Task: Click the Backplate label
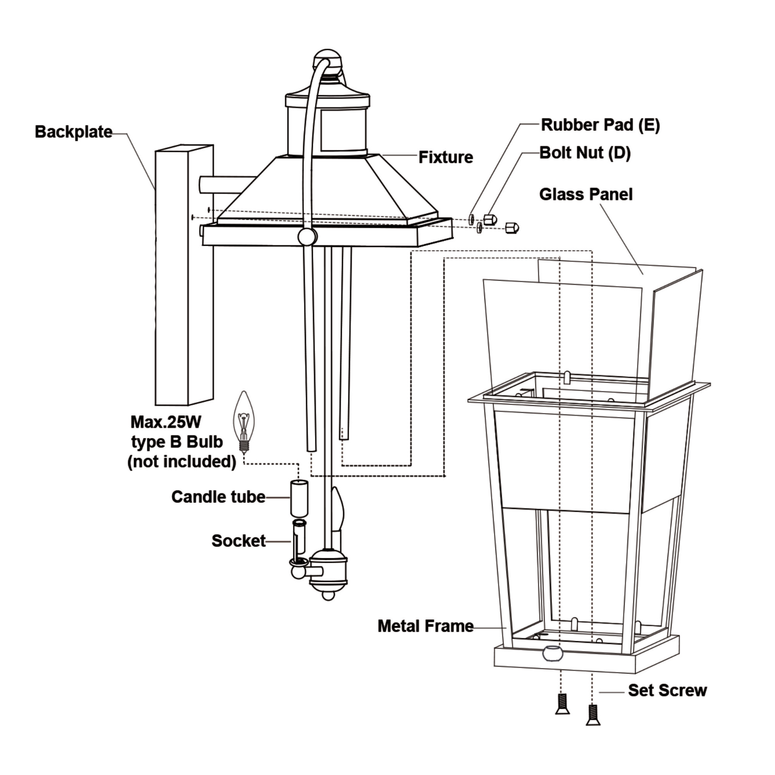[x=73, y=132]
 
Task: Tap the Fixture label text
[x=445, y=157]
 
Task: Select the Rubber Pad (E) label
[x=600, y=125]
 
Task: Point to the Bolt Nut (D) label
[x=585, y=153]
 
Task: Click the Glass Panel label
[x=586, y=195]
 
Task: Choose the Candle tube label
[x=218, y=497]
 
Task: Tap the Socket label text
[x=238, y=541]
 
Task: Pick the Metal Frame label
[x=425, y=626]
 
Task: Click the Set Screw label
[x=667, y=691]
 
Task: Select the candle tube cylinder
[x=299, y=498]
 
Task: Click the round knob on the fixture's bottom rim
[x=307, y=237]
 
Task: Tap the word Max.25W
[x=166, y=422]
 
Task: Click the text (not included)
[x=182, y=462]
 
